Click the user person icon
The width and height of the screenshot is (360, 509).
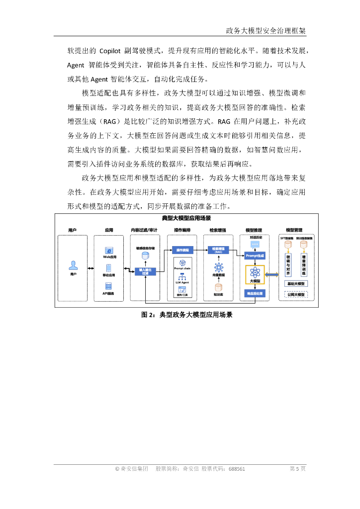click(x=73, y=265)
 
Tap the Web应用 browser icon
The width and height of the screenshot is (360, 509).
click(x=109, y=251)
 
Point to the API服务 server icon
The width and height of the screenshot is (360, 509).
click(x=109, y=286)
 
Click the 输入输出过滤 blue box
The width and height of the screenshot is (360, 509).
click(x=145, y=271)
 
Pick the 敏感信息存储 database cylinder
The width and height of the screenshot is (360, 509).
click(x=145, y=255)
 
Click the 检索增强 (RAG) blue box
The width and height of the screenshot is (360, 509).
click(x=218, y=250)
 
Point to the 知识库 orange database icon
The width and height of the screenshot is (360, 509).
click(x=218, y=287)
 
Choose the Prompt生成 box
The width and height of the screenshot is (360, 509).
click(x=255, y=255)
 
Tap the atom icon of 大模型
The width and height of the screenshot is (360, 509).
click(x=255, y=271)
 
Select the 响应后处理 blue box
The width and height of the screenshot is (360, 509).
click(x=255, y=294)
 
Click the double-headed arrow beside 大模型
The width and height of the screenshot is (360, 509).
click(x=272, y=275)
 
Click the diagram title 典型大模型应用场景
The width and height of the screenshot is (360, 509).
click(x=186, y=219)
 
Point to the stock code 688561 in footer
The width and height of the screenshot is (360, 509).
click(x=237, y=469)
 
